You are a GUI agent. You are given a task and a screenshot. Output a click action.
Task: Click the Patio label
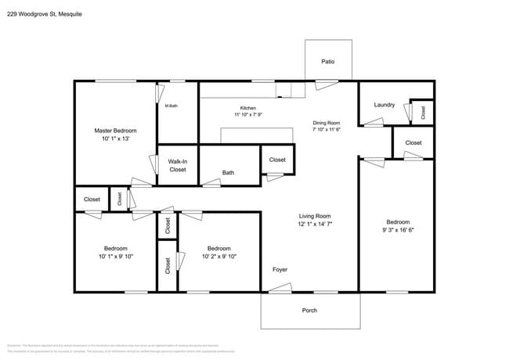(x=328, y=61)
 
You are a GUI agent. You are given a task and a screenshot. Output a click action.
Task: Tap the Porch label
(x=309, y=311)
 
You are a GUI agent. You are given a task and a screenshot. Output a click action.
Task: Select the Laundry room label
(x=384, y=105)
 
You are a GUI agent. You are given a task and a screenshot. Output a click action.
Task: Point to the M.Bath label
(x=170, y=106)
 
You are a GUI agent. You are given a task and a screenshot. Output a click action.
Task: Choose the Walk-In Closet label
(x=178, y=165)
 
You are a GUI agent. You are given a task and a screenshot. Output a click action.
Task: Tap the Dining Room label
(x=327, y=123)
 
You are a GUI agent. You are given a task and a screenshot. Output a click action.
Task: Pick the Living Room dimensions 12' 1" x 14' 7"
(x=316, y=224)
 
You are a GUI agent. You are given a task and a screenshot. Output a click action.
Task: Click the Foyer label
(x=280, y=270)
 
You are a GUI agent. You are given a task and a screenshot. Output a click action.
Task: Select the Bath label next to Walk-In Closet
(x=228, y=173)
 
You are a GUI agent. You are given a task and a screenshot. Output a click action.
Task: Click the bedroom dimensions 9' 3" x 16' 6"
(x=397, y=230)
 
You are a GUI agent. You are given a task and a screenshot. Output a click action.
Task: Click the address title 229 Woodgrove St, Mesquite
(x=44, y=14)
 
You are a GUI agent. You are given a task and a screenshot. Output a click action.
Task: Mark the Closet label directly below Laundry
(x=413, y=142)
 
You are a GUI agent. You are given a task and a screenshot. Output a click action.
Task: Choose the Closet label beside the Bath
(x=277, y=160)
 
